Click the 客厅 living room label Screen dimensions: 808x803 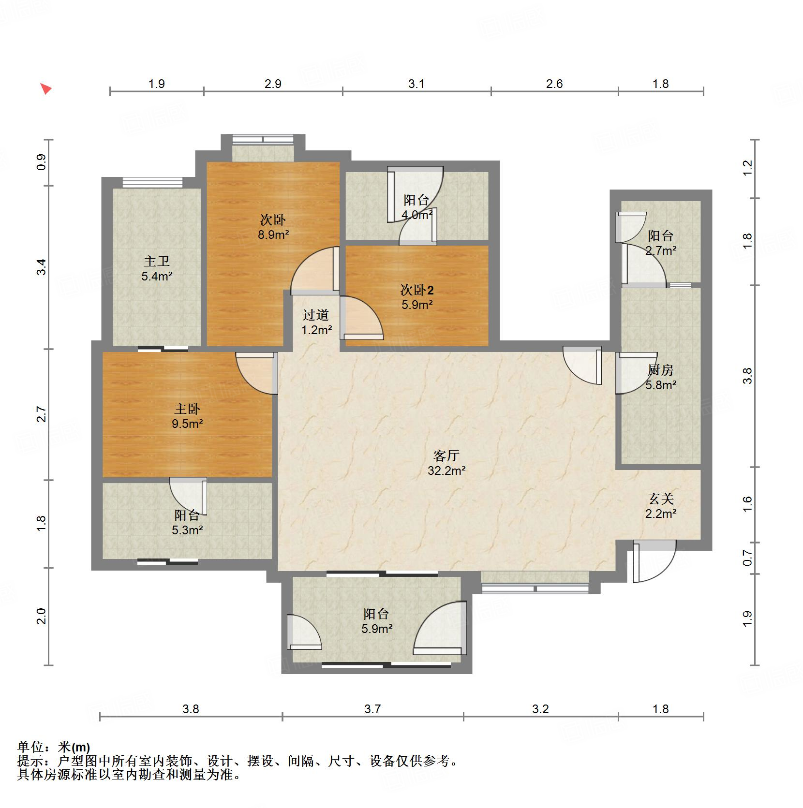coord(446,463)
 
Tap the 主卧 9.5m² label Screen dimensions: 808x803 coord(187,416)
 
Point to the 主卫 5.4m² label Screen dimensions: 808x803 coord(157,269)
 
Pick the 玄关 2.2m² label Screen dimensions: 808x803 coord(661,506)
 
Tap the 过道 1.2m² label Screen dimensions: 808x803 coord(316,323)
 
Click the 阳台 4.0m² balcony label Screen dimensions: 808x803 coord(416,207)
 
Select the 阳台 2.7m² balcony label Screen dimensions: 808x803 coord(660,243)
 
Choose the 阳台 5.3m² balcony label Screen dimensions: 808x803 coord(187,523)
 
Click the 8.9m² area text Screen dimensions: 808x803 coord(273,235)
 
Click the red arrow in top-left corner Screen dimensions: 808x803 coord(45,89)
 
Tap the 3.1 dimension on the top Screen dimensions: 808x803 coord(416,84)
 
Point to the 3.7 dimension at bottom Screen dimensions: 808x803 coord(372,709)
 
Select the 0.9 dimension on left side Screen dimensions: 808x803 coord(42,162)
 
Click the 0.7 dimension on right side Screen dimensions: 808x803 coord(748,558)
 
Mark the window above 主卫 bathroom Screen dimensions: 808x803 coord(152,182)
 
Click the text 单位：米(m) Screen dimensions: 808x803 coord(54,747)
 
